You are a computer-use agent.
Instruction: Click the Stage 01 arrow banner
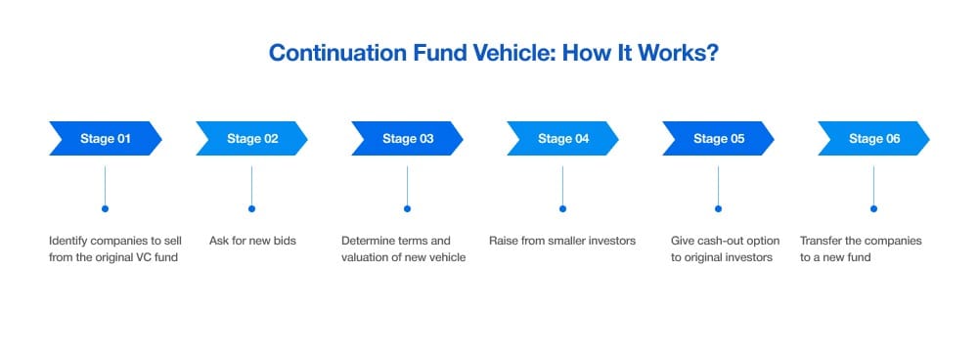click(105, 138)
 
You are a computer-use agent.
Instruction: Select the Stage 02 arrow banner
click(251, 138)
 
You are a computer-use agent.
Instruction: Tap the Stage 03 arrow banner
click(407, 138)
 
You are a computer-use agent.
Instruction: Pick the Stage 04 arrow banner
click(562, 138)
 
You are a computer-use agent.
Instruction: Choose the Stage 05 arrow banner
click(718, 138)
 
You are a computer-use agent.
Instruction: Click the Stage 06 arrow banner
click(873, 138)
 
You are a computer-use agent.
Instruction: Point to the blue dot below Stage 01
click(105, 208)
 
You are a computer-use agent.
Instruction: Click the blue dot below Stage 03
click(407, 208)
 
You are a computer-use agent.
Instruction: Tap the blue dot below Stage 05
click(718, 208)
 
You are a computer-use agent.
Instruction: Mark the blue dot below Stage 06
click(873, 208)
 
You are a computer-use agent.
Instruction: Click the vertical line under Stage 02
click(251, 186)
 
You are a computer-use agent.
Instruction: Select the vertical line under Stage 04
click(562, 186)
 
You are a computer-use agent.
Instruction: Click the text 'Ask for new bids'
click(253, 241)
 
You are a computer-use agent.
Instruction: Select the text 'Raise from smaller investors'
click(562, 241)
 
